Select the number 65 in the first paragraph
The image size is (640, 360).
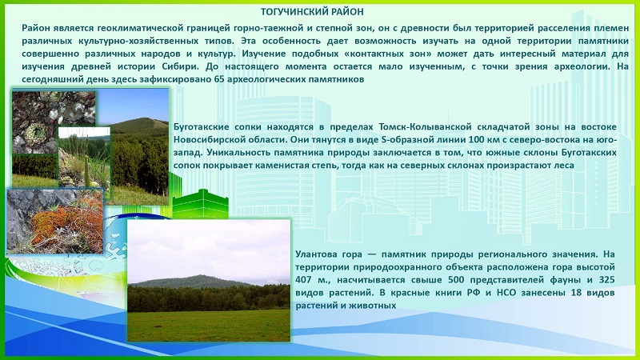[218, 79]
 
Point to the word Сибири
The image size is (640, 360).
[185, 66]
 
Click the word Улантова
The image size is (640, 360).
[314, 254]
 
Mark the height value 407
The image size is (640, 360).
[304, 280]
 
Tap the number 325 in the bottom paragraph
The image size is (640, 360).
[606, 280]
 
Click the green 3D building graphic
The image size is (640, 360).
[200, 204]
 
